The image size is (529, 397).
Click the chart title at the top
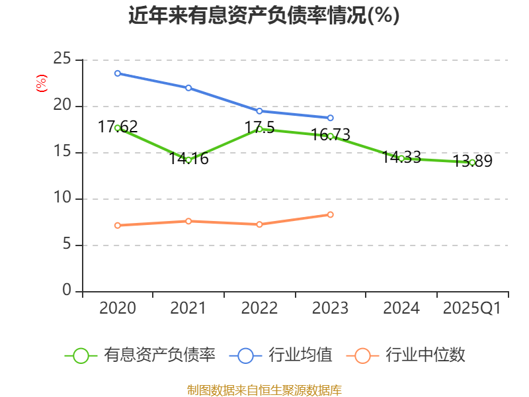(264, 16)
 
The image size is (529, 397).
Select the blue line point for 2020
(118, 73)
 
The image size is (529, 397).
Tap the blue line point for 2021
(188, 88)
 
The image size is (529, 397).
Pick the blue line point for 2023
(331, 118)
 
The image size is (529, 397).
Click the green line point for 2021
(188, 160)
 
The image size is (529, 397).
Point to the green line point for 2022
(259, 129)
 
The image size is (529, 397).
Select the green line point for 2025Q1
(472, 162)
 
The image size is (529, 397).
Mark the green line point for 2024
(401, 158)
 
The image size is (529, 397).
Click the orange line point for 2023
(331, 214)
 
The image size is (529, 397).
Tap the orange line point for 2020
(118, 226)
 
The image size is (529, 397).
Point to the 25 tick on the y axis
(62, 60)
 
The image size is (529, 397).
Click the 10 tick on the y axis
(62, 198)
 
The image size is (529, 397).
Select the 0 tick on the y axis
(67, 291)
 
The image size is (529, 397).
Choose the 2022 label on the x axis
(259, 308)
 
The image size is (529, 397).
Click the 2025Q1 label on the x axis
(472, 308)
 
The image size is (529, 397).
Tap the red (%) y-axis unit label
(41, 84)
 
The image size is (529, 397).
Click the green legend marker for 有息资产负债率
(81, 355)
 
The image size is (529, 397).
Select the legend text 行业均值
(300, 355)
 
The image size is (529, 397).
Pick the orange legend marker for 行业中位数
(362, 355)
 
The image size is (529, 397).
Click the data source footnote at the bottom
(264, 390)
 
